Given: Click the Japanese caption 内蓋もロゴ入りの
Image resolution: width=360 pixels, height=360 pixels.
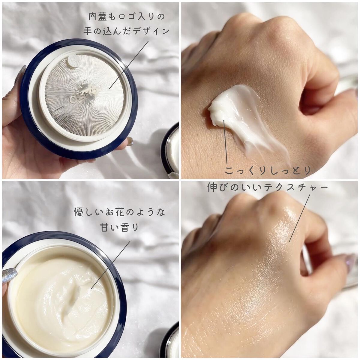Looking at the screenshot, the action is click(127, 17).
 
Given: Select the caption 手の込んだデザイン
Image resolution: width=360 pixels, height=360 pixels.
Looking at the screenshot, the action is click(126, 31).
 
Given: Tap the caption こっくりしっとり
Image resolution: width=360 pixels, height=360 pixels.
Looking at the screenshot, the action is click(268, 170).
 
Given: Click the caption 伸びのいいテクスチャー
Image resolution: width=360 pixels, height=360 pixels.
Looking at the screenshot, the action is click(268, 187).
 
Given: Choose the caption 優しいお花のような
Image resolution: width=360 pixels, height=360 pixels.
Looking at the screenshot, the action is click(120, 212).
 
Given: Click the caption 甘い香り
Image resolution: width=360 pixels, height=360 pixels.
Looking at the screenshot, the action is click(120, 227).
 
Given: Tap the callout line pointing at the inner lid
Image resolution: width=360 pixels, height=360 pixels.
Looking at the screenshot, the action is click(129, 64).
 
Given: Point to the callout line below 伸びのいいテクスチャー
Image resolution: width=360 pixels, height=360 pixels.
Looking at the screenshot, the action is click(300, 217).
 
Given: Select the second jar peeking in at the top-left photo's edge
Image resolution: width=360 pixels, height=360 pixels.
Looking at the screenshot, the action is click(170, 149).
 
